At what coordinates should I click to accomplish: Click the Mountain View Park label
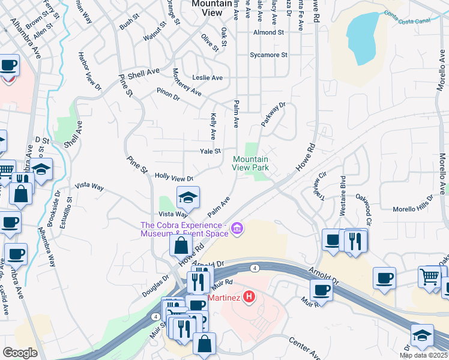tap(251, 163)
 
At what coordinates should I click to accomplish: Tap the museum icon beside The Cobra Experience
tap(237, 229)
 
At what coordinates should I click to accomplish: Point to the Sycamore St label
tap(269, 55)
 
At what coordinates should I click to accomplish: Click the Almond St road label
tap(268, 32)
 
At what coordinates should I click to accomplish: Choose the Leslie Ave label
tap(207, 78)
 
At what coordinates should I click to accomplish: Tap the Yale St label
tap(210, 151)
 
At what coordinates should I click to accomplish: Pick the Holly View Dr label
tap(173, 178)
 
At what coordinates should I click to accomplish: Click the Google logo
tap(20, 353)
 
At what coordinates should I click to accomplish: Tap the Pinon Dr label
tap(167, 94)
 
